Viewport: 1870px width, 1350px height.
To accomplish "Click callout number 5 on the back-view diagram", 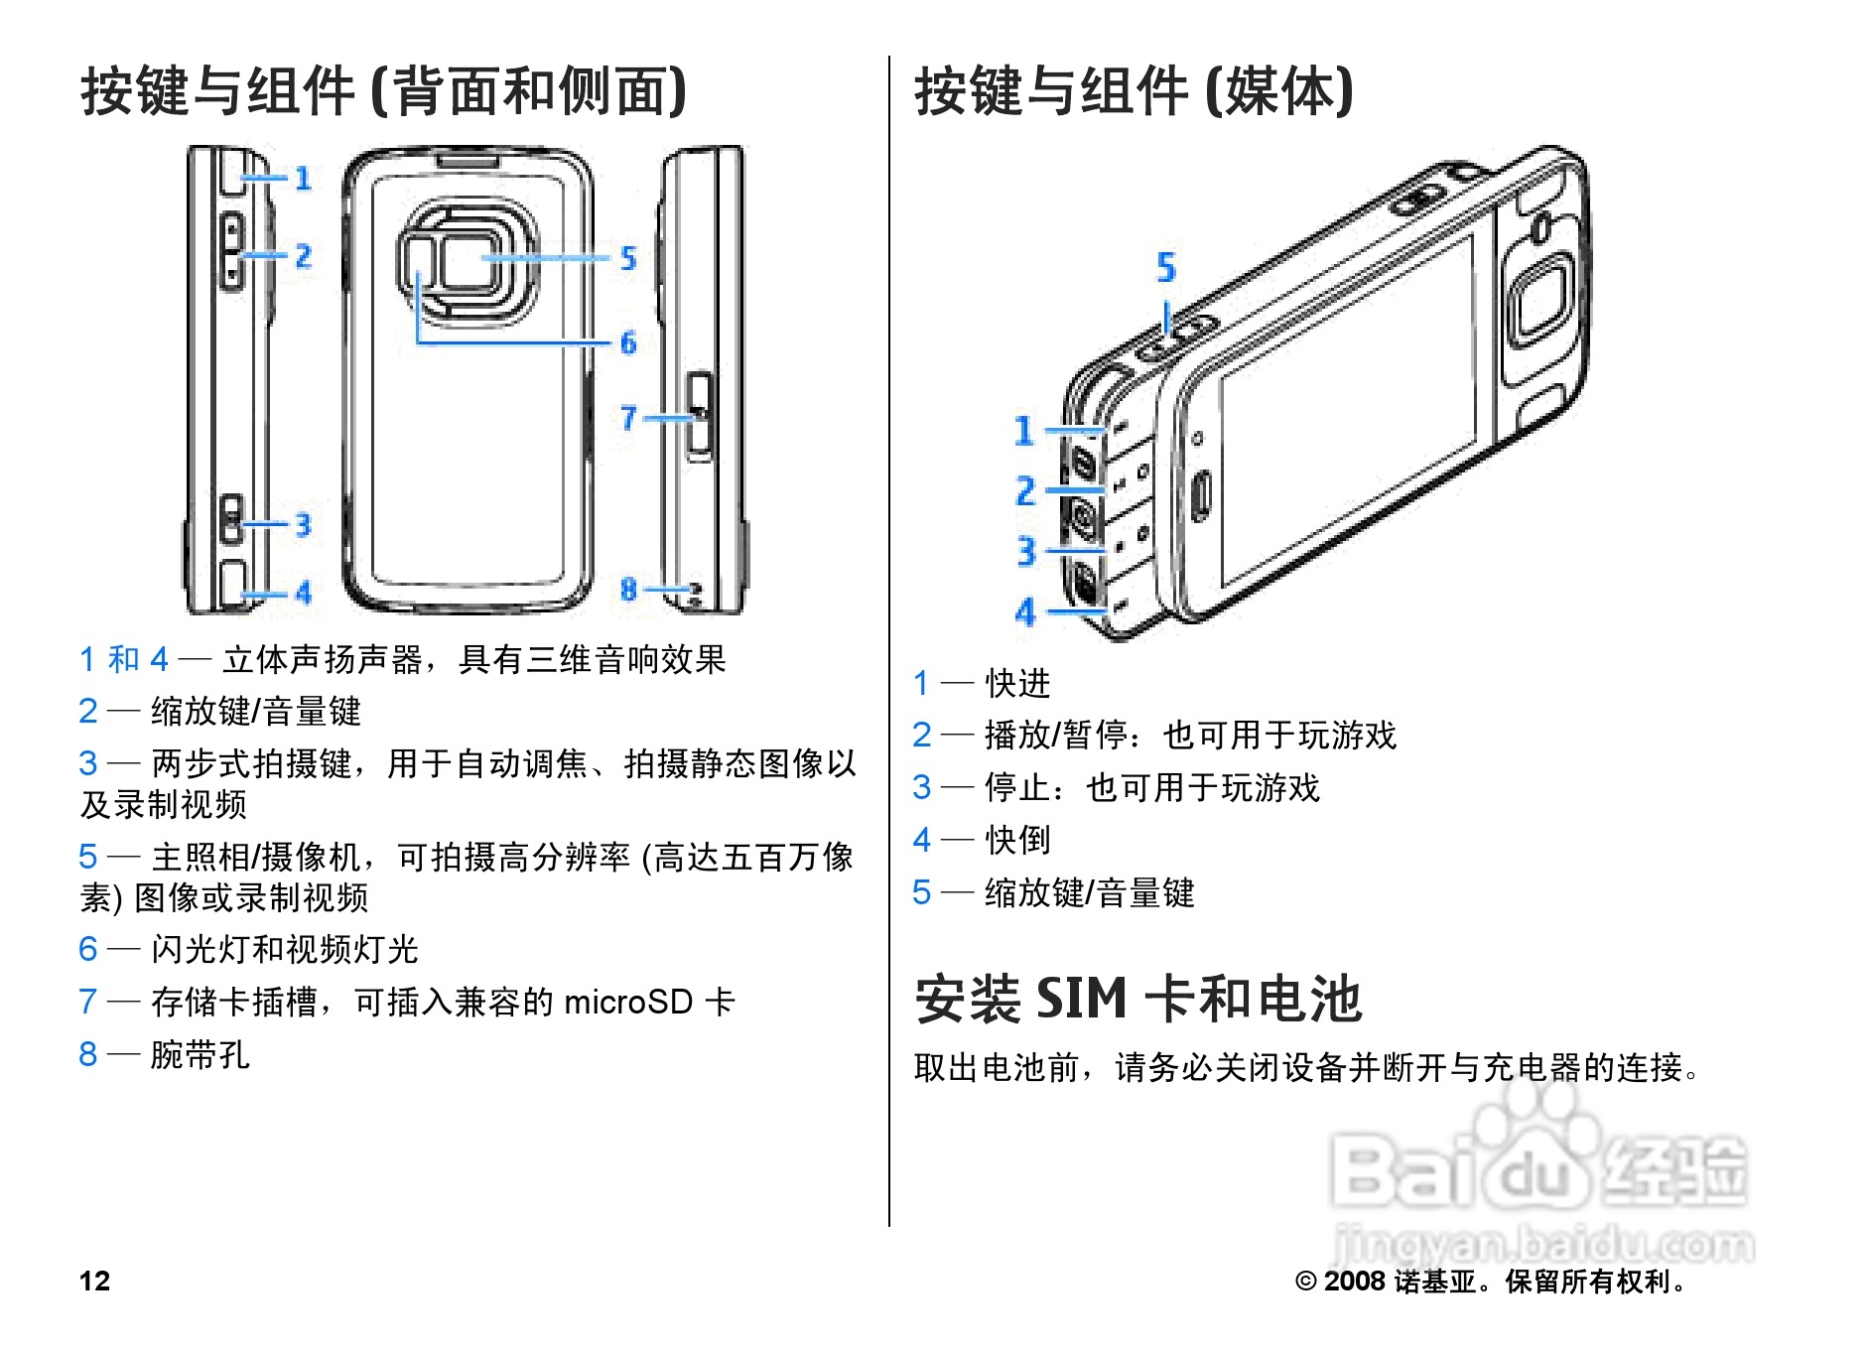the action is (x=627, y=258).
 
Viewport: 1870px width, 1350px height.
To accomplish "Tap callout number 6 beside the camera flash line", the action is (x=627, y=342).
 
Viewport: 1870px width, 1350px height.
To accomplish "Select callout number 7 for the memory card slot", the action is (x=627, y=418).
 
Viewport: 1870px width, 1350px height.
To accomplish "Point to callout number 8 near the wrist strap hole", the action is (x=627, y=590).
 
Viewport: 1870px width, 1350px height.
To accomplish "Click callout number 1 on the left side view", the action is (x=303, y=179).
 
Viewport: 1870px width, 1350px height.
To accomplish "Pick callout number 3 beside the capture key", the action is (x=303, y=525).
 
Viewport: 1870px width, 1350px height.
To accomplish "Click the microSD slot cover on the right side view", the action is (x=700, y=417).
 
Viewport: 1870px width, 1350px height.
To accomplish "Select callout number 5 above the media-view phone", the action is (x=1166, y=267).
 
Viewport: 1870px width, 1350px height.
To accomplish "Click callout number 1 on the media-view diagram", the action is (x=1024, y=431).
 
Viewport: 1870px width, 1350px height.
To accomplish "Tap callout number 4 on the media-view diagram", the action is (x=1024, y=611).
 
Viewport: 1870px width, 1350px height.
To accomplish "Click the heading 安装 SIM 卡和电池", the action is (x=1137, y=999).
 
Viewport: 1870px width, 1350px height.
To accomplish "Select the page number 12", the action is (x=94, y=1281).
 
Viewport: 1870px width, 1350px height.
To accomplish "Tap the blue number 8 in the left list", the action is (x=88, y=1054).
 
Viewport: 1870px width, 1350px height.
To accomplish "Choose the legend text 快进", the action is (x=1017, y=683).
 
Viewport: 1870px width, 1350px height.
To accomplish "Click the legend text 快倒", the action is (x=1017, y=840).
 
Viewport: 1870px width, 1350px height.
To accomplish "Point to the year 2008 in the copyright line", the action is (x=1354, y=1282).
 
